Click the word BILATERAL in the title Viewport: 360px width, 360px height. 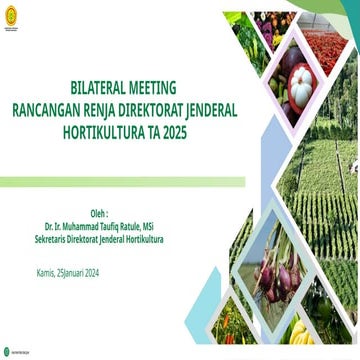[100, 87]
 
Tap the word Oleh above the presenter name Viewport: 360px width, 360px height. [99, 214]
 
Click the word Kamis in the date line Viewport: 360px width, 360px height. [44, 273]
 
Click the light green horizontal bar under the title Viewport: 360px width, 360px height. [120, 182]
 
